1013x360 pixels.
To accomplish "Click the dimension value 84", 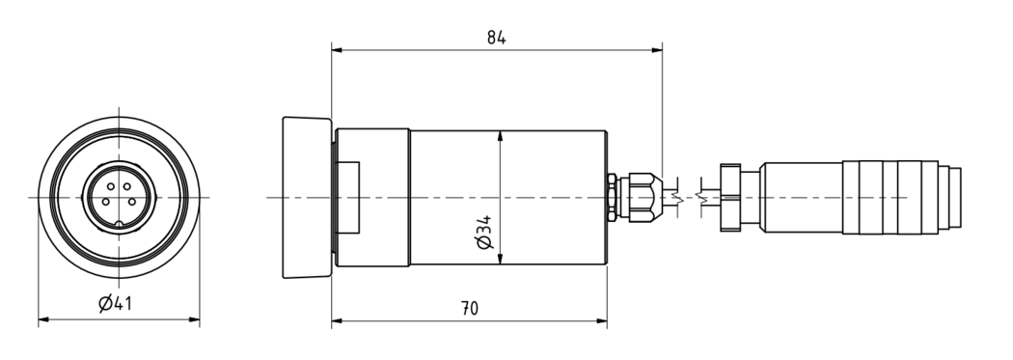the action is pyautogui.click(x=496, y=39).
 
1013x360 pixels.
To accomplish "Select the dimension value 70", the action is pyautogui.click(x=470, y=308).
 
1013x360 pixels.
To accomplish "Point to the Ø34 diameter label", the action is pyautogui.click(x=484, y=232).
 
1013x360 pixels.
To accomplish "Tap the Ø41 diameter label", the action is pyautogui.click(x=116, y=302).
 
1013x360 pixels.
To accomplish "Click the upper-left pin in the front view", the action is pyautogui.click(x=111, y=187).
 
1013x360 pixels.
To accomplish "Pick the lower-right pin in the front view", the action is pyautogui.click(x=132, y=202).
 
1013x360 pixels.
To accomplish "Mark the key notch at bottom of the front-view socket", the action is pyautogui.click(x=119, y=225).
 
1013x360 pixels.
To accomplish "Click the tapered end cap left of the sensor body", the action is pyautogui.click(x=307, y=198).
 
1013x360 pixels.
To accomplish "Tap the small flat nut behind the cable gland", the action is pyautogui.click(x=612, y=197).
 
